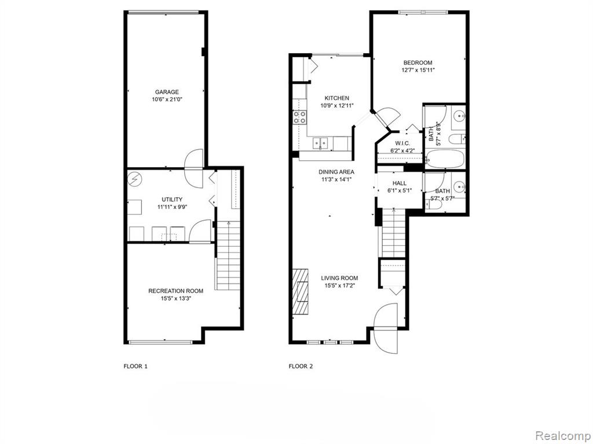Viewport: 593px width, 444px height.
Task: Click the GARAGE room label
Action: (167, 92)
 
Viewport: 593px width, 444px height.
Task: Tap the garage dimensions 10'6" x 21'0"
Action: (167, 99)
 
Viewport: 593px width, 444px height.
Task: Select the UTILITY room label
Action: (172, 199)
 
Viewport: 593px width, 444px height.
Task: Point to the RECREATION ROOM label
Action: (175, 291)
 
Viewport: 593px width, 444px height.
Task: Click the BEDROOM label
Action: (418, 62)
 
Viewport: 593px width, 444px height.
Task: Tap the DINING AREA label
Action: (336, 172)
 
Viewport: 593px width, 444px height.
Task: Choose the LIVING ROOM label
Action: (339, 278)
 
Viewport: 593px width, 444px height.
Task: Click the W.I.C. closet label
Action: (402, 143)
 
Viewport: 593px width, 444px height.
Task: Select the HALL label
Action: (400, 183)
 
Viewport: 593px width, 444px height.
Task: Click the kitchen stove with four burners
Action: (299, 117)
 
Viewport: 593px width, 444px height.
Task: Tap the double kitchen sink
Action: (320, 143)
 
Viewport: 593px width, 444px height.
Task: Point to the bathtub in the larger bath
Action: (444, 159)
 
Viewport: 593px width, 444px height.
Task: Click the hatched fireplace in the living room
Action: (301, 291)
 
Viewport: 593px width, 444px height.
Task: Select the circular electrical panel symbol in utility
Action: (134, 179)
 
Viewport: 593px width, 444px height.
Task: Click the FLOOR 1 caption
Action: (136, 366)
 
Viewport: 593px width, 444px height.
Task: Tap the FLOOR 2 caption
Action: (301, 366)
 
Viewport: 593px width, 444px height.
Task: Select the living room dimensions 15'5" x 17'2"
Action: (339, 286)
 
